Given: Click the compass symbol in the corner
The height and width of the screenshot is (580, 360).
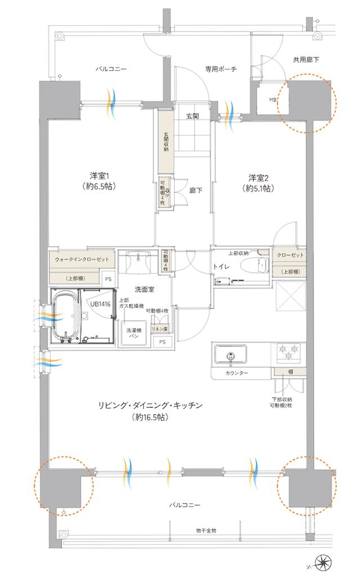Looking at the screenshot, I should click(325, 563).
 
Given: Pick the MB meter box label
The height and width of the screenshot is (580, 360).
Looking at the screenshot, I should click(273, 101).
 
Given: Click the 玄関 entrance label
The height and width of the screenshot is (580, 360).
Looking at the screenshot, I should click(192, 117).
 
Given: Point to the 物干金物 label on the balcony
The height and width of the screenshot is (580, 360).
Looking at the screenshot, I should click(206, 530).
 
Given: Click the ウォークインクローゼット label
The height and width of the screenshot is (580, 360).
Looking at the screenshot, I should click(82, 259).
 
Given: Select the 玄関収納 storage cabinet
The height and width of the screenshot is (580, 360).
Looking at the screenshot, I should click(166, 141).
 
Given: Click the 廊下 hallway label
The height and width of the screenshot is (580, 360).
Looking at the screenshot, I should click(196, 190).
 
